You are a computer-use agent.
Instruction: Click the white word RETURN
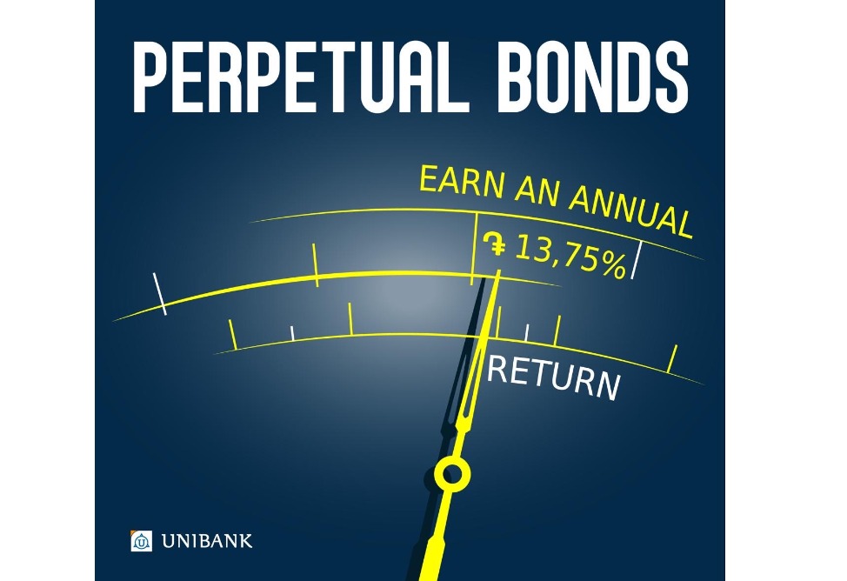coord(553,377)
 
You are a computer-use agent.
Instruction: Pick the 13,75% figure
coord(570,255)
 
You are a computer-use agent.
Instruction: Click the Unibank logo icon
coord(141,540)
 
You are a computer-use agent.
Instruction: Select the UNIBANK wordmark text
coord(207,541)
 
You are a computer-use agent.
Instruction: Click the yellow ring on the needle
coord(452,474)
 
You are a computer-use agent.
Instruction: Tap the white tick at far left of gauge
coord(159,293)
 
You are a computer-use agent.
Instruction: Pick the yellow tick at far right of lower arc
coord(672,358)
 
